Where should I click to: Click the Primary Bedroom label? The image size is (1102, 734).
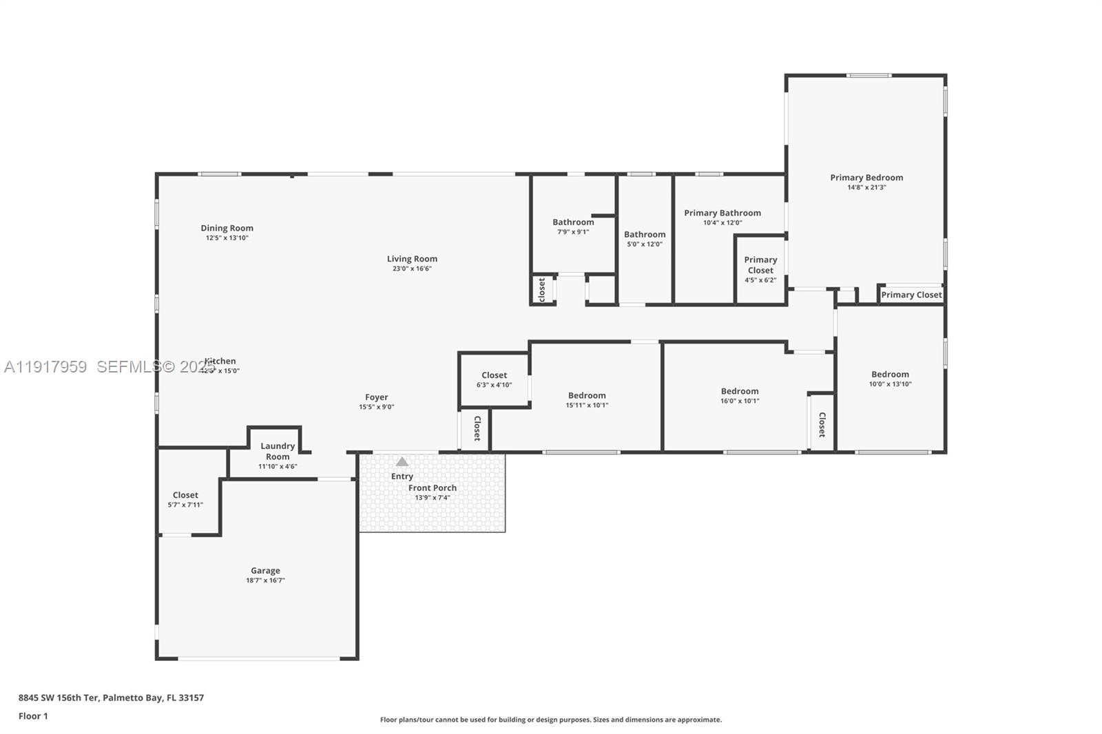[x=866, y=178]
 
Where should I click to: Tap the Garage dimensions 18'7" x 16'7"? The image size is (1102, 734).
[x=265, y=580]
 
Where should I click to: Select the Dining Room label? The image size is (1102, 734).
[x=227, y=228]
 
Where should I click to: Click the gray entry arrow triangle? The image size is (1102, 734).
[x=402, y=462]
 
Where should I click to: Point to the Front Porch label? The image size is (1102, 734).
[x=432, y=487]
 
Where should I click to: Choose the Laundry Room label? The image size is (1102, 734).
[x=278, y=451]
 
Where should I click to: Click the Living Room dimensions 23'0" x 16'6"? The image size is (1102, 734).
[x=412, y=269]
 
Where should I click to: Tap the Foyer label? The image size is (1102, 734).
[x=376, y=397]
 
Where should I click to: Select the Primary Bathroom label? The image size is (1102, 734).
[x=722, y=213]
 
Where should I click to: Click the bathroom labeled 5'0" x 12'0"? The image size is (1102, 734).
[x=645, y=238]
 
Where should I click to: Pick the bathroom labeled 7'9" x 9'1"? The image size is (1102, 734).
[x=573, y=226]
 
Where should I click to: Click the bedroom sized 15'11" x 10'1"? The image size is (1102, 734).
[x=587, y=399]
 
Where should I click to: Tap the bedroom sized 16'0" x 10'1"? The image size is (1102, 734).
[x=740, y=395]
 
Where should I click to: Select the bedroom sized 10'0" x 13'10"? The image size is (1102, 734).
[x=890, y=379]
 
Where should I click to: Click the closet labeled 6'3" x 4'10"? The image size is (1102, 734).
[x=494, y=379]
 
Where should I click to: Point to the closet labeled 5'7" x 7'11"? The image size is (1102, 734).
[x=185, y=499]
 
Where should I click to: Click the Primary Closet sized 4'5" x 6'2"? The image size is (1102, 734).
[x=760, y=269]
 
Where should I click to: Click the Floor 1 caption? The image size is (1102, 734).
[x=33, y=716]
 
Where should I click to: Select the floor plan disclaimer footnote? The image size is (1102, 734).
[x=551, y=720]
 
